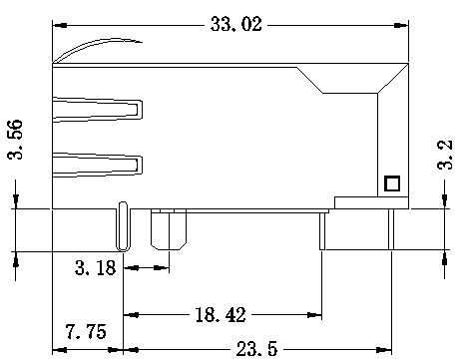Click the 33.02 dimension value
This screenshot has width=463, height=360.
(x=235, y=24)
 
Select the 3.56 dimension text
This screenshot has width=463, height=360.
(x=15, y=140)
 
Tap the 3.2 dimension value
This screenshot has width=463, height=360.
(x=445, y=155)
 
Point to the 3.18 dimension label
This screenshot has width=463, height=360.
(x=96, y=267)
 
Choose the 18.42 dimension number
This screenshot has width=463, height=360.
(x=221, y=314)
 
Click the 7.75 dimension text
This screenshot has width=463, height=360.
(x=86, y=331)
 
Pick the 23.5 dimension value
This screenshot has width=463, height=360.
(x=256, y=349)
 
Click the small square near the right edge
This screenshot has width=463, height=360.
(x=392, y=183)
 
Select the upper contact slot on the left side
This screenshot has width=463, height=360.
(x=98, y=110)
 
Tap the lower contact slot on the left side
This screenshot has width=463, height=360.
(x=98, y=165)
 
